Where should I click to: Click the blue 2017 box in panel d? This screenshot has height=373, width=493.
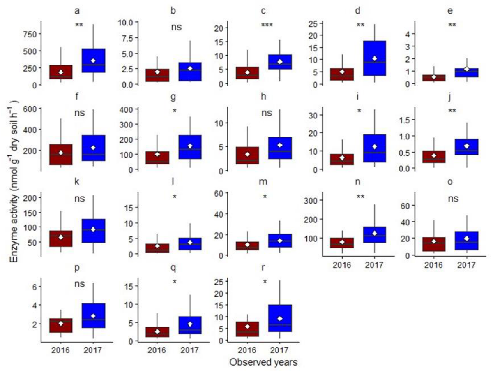(374, 58)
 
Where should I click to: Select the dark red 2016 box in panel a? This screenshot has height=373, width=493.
(61, 72)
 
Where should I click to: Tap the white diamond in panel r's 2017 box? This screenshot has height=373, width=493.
(280, 319)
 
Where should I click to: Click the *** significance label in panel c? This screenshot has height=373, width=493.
(267, 25)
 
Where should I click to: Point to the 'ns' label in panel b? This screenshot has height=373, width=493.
(177, 27)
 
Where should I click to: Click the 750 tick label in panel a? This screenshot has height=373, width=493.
(30, 35)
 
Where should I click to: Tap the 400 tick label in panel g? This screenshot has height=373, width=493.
(127, 109)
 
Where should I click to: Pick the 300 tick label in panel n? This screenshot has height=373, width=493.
(311, 201)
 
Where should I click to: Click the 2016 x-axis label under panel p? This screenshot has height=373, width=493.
(60, 350)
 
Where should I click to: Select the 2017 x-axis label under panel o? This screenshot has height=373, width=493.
(466, 265)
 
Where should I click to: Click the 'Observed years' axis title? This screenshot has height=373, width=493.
(263, 362)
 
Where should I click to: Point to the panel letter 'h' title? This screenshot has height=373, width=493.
(263, 96)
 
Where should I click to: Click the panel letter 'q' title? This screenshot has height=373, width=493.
(173, 268)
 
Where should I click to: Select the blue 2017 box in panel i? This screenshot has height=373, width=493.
(374, 148)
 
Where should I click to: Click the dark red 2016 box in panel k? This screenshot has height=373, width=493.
(61, 239)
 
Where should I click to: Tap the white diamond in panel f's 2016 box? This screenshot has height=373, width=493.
(61, 153)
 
